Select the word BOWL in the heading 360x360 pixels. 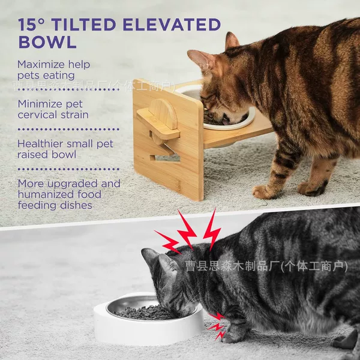click(47, 42)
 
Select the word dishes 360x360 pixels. click(76, 205)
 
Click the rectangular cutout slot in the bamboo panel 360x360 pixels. click(165, 158)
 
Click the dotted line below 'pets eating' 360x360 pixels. click(68, 89)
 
